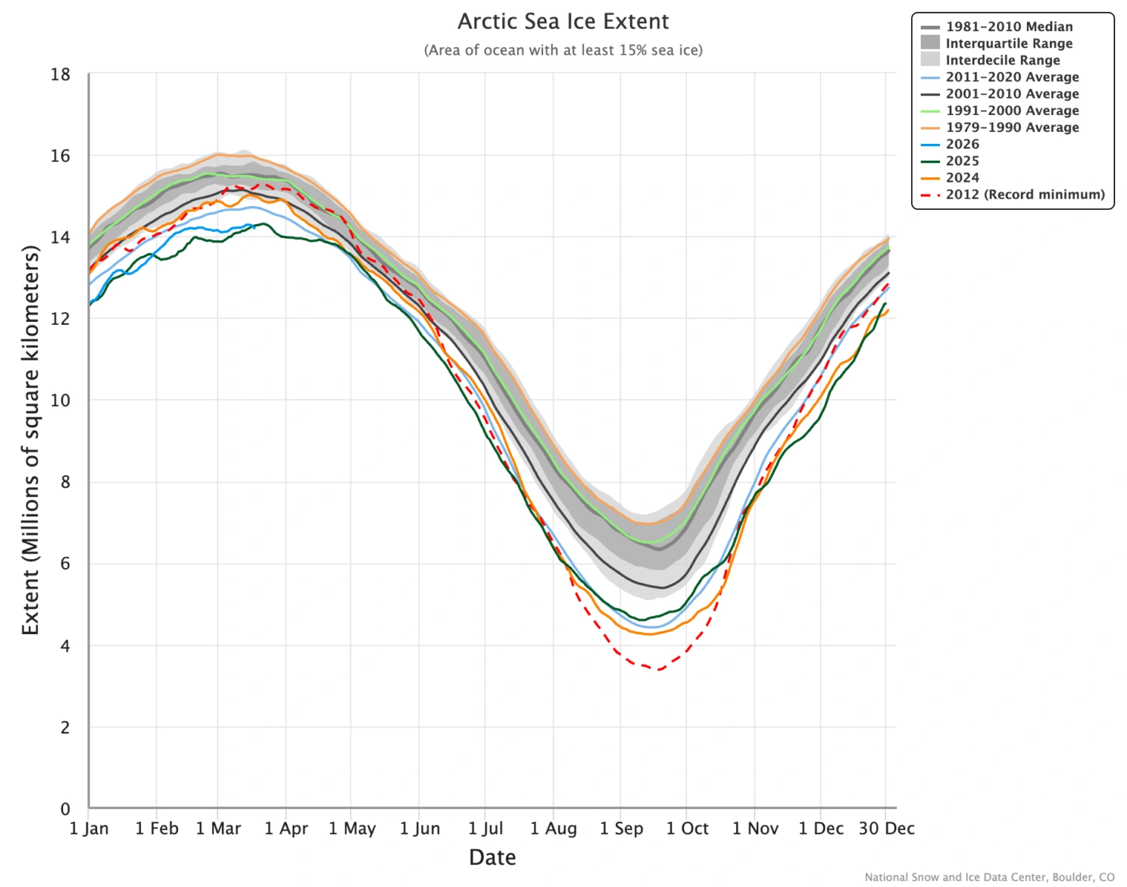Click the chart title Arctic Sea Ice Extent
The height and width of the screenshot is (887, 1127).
click(x=563, y=21)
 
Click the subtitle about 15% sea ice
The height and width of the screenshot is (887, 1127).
click(x=563, y=50)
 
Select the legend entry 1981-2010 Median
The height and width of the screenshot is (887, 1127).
click(x=1009, y=27)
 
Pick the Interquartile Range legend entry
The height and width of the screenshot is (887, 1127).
click(x=1009, y=43)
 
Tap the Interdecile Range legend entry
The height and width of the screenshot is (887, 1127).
click(x=1002, y=60)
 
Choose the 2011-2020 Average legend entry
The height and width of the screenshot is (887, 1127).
click(x=1012, y=77)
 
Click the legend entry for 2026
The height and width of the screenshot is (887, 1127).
click(x=962, y=144)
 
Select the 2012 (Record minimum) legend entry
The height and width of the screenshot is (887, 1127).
click(x=1025, y=195)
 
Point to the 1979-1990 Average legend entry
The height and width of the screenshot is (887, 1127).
click(x=1012, y=127)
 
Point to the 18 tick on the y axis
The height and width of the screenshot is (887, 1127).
click(x=61, y=74)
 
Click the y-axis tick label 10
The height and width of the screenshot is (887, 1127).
click(x=61, y=400)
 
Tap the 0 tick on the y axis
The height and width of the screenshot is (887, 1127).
click(x=65, y=809)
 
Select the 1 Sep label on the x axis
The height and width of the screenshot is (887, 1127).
click(x=621, y=829)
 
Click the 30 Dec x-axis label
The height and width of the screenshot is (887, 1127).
click(x=886, y=829)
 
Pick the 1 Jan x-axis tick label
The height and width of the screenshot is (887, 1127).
click(x=89, y=829)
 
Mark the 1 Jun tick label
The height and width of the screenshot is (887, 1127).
click(x=420, y=829)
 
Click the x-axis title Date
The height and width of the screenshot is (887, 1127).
click(x=492, y=857)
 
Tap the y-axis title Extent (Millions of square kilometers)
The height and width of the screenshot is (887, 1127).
click(x=30, y=439)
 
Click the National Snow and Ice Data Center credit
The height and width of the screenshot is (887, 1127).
click(x=989, y=877)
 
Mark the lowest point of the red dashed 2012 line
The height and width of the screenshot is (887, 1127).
click(x=659, y=670)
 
